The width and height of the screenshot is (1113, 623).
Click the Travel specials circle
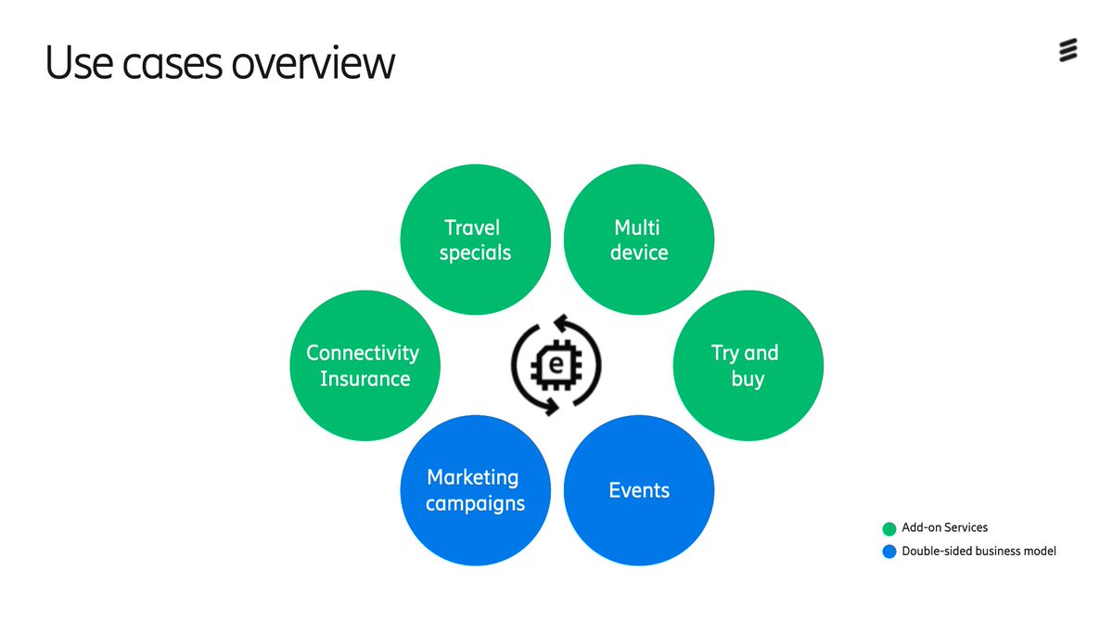pos(475,240)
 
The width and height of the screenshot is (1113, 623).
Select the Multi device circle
pos(639,240)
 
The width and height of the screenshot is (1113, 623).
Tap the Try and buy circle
pos(747,366)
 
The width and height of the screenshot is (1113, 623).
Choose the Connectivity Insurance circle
pos(365,366)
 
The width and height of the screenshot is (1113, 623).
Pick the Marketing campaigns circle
pos(475,490)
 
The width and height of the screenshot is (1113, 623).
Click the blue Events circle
pos(639,490)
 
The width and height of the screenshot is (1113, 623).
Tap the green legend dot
pos(889,528)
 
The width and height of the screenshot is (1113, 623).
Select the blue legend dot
pos(889,552)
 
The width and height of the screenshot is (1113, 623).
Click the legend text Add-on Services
pos(944,528)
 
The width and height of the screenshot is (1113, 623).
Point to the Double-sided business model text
pos(979,552)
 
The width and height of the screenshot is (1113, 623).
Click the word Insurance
pos(365,379)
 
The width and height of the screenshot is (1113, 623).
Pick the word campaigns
pos(475,504)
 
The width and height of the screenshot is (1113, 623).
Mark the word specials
pos(475,253)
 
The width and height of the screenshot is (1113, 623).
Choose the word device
pos(639,253)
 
